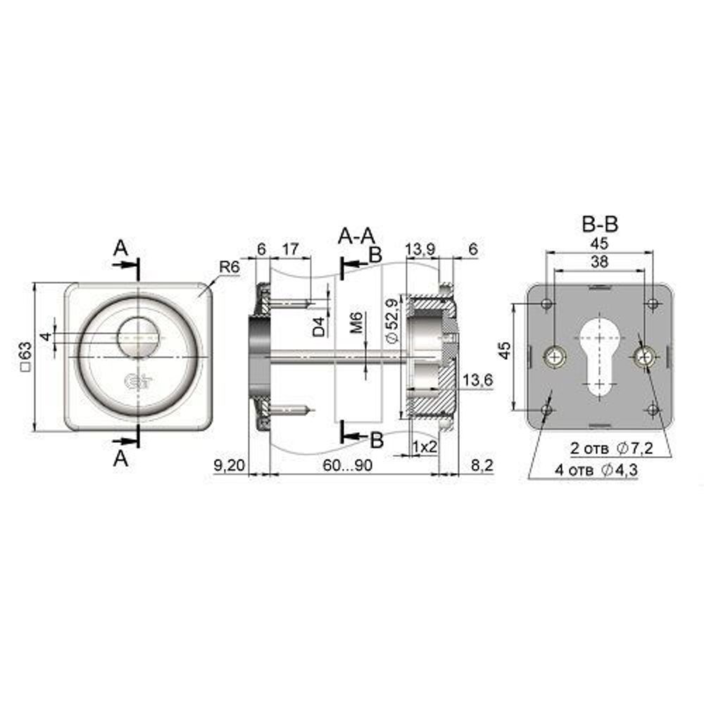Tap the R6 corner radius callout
coord(230,267)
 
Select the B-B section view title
coord(600,224)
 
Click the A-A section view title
coord(356,236)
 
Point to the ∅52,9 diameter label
coord(392,320)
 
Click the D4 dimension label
coord(319,327)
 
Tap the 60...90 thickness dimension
coord(348,465)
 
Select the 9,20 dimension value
coord(229,465)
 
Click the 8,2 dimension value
coord(482,465)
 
